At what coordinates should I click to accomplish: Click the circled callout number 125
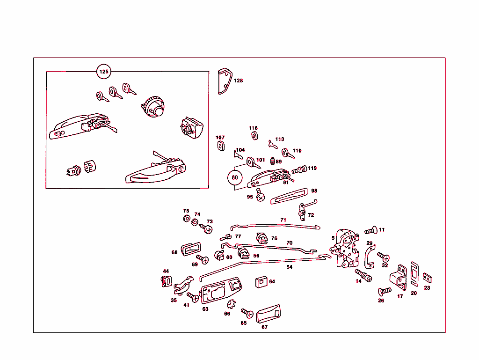[103, 72]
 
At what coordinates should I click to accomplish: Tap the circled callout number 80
[235, 177]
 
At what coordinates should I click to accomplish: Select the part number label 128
[238, 81]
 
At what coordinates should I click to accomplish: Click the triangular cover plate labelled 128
[225, 81]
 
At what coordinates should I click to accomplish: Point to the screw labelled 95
[260, 195]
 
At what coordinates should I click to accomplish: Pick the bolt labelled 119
[299, 169]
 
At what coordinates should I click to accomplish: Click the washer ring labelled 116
[254, 136]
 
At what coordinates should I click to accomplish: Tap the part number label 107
[220, 138]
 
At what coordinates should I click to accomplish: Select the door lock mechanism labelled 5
[345, 249]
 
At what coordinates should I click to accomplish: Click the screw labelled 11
[371, 230]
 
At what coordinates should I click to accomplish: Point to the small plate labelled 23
[427, 278]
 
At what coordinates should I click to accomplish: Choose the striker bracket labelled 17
[399, 278]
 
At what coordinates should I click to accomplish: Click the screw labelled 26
[385, 291]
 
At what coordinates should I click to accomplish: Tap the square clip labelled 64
[261, 282]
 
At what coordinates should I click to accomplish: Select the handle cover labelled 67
[268, 314]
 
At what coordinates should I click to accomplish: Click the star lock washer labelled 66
[232, 304]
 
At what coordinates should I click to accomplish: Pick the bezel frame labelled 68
[191, 249]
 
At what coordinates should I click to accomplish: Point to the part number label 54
[289, 267]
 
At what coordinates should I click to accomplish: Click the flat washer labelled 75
[187, 219]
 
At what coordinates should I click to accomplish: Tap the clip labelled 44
[166, 281]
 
